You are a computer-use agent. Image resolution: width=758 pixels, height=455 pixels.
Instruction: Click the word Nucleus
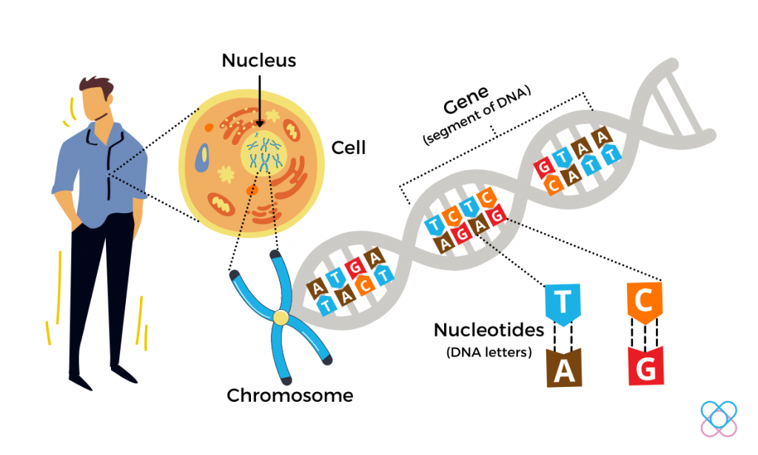[259, 60]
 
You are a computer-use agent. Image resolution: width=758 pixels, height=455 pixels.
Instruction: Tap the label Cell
[349, 147]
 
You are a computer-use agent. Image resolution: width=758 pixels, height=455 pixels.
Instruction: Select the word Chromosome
[290, 395]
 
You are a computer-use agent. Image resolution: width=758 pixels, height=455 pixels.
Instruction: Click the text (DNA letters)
[489, 352]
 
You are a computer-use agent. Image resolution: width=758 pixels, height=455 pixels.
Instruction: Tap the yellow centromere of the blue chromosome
[281, 317]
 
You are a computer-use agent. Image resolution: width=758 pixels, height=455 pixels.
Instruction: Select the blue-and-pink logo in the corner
[718, 418]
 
